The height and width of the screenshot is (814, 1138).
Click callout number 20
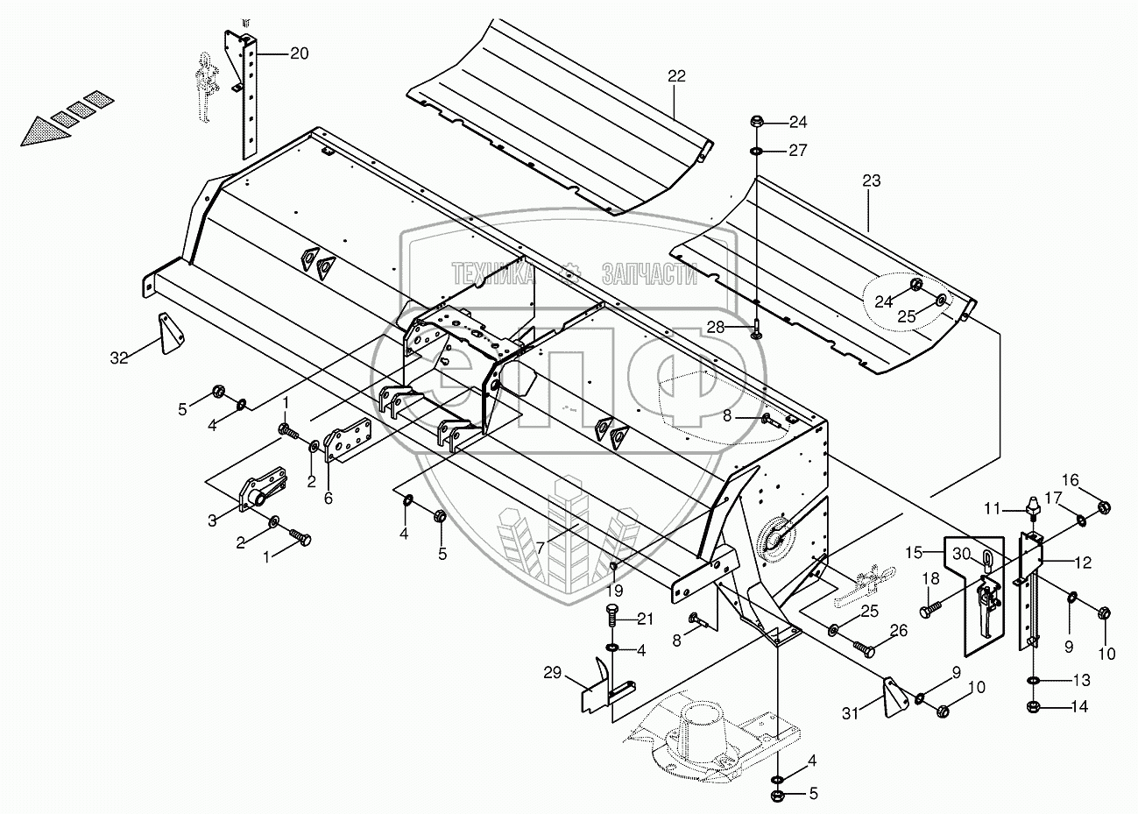click(x=299, y=54)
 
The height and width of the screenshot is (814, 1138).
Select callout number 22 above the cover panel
click(x=676, y=76)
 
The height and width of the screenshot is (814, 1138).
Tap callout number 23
click(x=871, y=181)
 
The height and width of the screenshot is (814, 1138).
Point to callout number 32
click(x=119, y=357)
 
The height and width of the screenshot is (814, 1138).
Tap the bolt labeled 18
click(x=931, y=605)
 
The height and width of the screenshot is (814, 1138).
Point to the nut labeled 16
click(x=1104, y=506)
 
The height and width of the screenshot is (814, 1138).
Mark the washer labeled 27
click(x=756, y=152)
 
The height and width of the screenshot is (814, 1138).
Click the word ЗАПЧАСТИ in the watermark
click(x=649, y=275)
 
